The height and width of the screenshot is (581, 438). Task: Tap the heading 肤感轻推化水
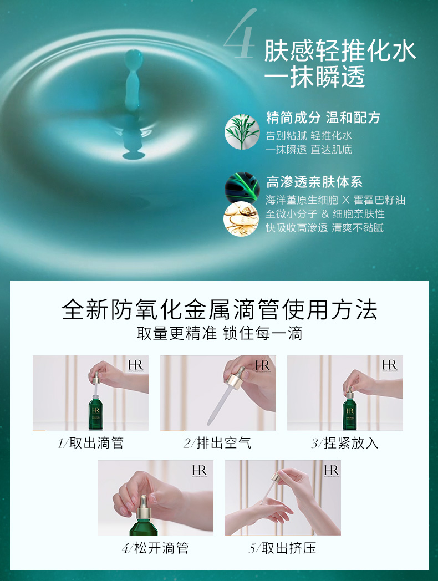[x=340, y=51]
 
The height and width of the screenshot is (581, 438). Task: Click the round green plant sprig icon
[x=242, y=132]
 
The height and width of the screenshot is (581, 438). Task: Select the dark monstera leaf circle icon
[x=242, y=188]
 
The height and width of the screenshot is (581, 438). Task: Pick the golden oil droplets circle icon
[x=241, y=219]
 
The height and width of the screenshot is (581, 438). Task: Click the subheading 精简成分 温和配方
[x=323, y=118]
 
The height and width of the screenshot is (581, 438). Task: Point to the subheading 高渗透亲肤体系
[x=314, y=182]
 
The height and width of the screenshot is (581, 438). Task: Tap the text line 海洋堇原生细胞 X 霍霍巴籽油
[x=335, y=200]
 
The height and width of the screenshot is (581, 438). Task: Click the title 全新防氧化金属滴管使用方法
[x=220, y=309]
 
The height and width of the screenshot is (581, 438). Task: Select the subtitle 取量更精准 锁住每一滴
[x=220, y=333]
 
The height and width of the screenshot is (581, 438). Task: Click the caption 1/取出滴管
[x=91, y=443]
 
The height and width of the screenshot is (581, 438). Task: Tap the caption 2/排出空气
[x=217, y=443]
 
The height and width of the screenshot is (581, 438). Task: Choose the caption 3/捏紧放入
[x=345, y=443]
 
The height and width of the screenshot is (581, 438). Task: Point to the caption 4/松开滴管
[x=155, y=548]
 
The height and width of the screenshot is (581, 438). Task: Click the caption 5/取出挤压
[x=282, y=548]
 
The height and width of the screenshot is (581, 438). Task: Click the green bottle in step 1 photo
[x=95, y=413]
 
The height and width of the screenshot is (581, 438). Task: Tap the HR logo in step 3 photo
[x=390, y=365]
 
